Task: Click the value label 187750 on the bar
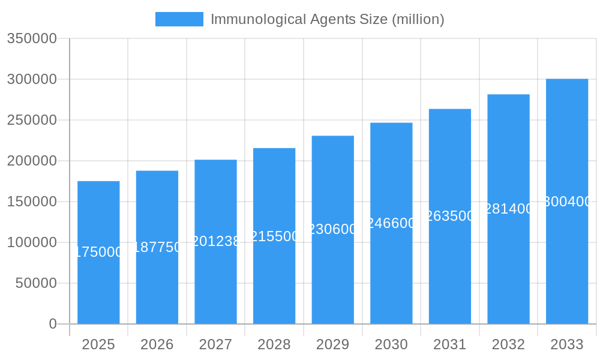click(x=157, y=247)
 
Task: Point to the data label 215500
click(x=274, y=236)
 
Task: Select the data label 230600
click(x=333, y=229)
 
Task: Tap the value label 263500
click(x=450, y=216)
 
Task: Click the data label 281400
click(x=508, y=209)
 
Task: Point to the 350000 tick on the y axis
click(x=32, y=38)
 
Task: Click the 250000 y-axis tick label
click(x=32, y=120)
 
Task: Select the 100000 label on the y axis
click(x=32, y=242)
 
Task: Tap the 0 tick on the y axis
click(x=53, y=324)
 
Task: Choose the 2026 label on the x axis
click(x=157, y=344)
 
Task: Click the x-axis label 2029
click(x=333, y=344)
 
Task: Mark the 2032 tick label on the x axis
click(x=508, y=344)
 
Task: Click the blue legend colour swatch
click(x=179, y=19)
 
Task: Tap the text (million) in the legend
click(x=418, y=19)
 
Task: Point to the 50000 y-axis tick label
click(x=36, y=283)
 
